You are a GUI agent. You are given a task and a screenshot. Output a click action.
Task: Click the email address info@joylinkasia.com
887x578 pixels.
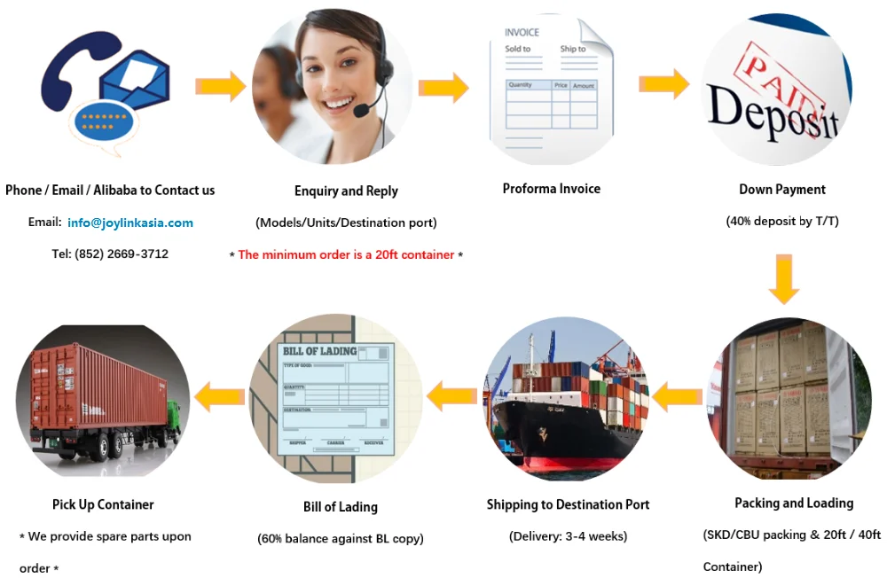130,223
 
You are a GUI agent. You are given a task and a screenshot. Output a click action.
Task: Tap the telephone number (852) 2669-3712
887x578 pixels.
110,254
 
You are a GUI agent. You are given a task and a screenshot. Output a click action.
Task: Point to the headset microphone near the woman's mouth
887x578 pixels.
363,111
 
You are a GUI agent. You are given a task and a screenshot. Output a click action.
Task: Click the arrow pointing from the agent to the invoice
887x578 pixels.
443,87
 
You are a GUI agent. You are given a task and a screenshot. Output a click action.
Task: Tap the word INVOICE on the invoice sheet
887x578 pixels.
522,33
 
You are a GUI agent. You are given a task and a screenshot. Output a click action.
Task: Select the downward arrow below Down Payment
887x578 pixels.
783,277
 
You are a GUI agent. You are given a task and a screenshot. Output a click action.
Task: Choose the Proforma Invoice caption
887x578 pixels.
551,189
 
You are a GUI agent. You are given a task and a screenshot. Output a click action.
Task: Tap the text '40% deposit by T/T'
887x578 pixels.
781,221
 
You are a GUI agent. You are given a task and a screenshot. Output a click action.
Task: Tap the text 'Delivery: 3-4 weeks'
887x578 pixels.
568,535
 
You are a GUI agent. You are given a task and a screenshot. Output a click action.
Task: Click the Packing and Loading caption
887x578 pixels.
793,503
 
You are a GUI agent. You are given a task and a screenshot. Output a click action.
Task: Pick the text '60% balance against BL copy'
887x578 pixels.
340,538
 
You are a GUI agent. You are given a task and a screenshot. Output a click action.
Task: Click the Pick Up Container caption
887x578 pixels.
103,504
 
